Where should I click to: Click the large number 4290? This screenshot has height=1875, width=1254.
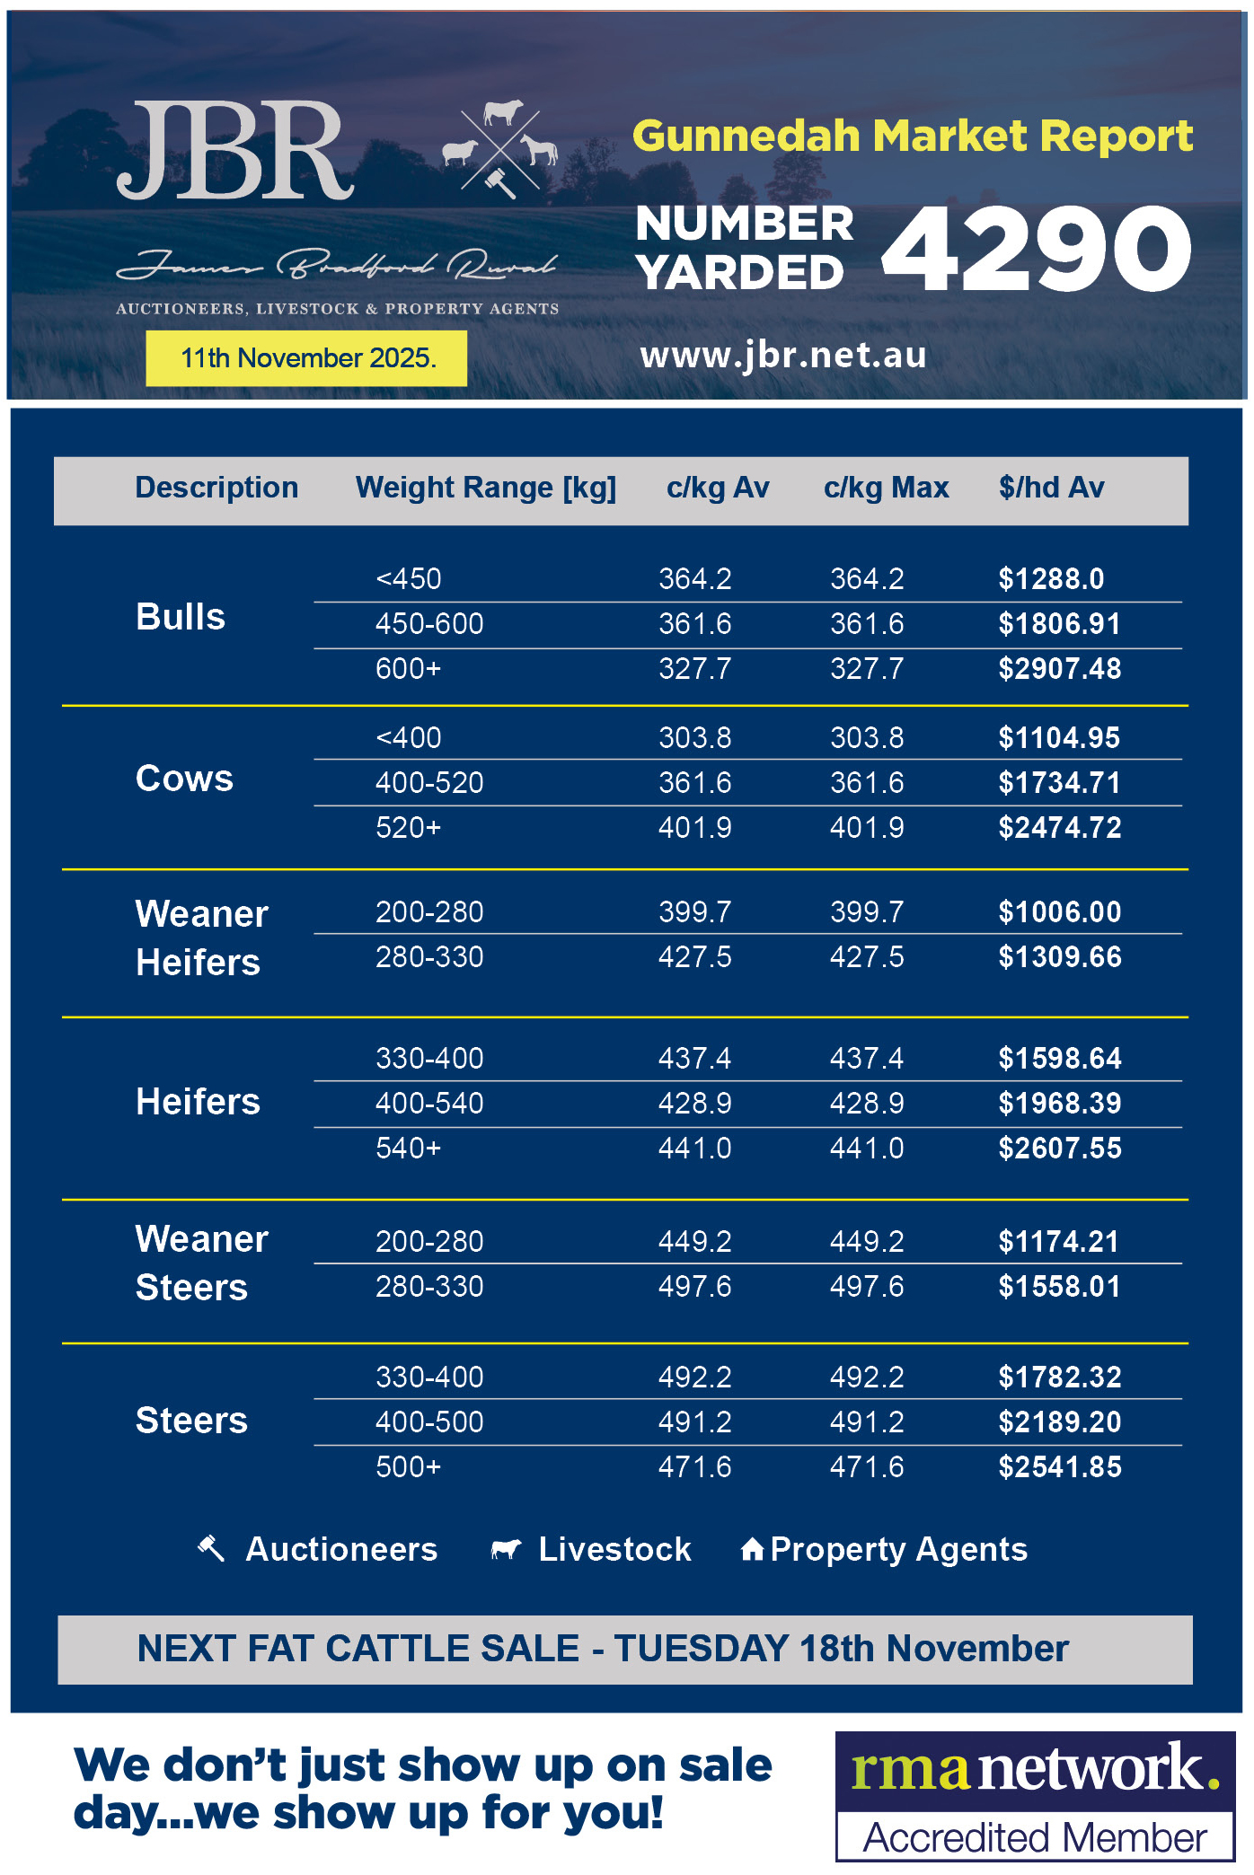[x=1037, y=249]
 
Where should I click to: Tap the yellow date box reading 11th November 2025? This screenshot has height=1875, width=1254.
[x=306, y=358]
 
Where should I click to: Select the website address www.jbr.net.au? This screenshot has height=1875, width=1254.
[x=782, y=356]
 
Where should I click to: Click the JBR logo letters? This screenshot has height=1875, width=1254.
[x=235, y=151]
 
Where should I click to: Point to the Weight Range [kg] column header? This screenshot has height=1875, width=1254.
[x=485, y=488]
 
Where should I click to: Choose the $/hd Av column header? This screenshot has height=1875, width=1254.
[x=1051, y=488]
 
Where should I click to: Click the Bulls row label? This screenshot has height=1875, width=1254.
[x=180, y=617]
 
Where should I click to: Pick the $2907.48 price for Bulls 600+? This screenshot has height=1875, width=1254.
[x=1059, y=669]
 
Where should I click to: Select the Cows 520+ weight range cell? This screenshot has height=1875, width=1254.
[x=408, y=828]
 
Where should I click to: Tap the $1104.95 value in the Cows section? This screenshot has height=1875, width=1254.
[x=1059, y=738]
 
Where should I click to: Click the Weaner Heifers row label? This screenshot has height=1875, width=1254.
[x=201, y=937]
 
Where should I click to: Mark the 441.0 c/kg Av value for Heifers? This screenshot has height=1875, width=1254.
[x=694, y=1149]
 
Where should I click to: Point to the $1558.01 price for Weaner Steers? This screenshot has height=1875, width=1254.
[x=1059, y=1287]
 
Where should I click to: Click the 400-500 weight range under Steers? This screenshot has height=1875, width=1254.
[x=429, y=1422]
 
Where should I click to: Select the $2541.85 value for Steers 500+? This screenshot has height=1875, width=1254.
[x=1059, y=1467]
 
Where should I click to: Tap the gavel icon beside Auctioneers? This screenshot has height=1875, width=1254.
[x=211, y=1548]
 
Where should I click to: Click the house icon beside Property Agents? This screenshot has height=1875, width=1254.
[x=752, y=1549]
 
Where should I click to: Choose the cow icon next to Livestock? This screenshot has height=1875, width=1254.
[x=506, y=1549]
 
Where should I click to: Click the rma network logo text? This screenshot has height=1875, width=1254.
[x=1035, y=1768]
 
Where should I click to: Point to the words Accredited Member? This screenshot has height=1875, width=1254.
[x=1035, y=1837]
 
